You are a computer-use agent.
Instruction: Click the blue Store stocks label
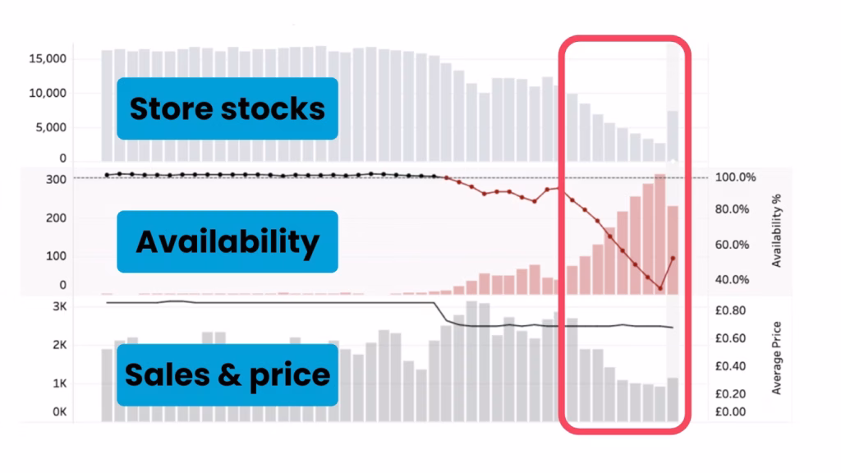[227, 108]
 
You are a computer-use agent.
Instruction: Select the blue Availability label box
[227, 241]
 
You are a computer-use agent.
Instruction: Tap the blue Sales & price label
[227, 374]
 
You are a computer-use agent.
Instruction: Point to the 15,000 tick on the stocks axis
[48, 58]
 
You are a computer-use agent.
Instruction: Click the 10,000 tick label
[48, 93]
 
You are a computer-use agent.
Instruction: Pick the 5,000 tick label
[51, 127]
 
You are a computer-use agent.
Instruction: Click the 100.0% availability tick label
[735, 177]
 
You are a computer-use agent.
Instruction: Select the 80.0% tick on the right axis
[732, 209]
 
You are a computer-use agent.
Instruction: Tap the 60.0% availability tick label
[732, 245]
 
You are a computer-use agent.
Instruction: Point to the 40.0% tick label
[732, 279]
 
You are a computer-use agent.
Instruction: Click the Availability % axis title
[776, 231]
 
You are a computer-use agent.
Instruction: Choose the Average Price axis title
[776, 358]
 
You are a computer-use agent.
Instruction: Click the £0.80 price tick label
[730, 310]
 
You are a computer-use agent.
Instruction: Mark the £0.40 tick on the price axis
[730, 365]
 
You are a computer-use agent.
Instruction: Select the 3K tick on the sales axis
[59, 307]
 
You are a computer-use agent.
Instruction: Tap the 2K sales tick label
[59, 345]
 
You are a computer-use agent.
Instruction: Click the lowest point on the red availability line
[660, 288]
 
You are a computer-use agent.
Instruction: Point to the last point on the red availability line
[673, 259]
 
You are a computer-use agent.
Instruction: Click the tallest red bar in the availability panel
[660, 234]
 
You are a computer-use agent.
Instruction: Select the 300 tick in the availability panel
[57, 180]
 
